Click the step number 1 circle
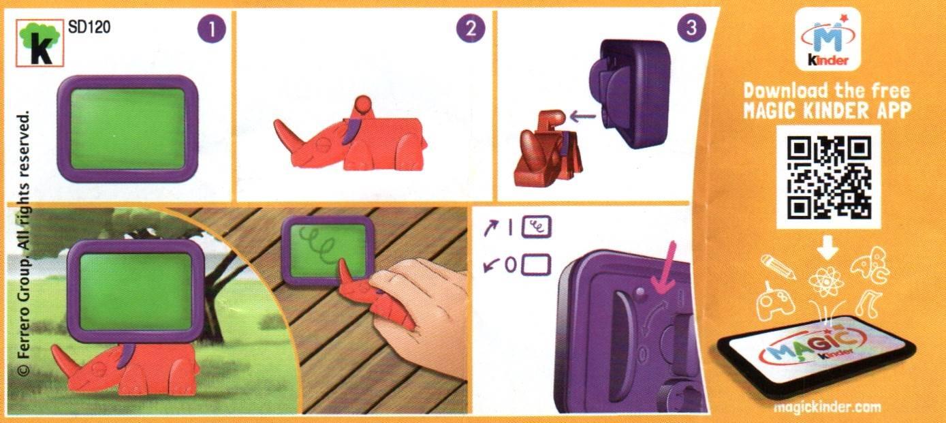coord(211,29)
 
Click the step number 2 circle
coord(471,29)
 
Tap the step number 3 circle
coord(691,28)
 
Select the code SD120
coord(89,27)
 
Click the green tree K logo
coord(40,43)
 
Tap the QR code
coord(829,178)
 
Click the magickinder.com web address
coord(828,407)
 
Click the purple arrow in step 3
coord(582,116)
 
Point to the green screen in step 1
coord(128,129)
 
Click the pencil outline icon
coord(778,267)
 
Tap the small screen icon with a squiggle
coord(537,227)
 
